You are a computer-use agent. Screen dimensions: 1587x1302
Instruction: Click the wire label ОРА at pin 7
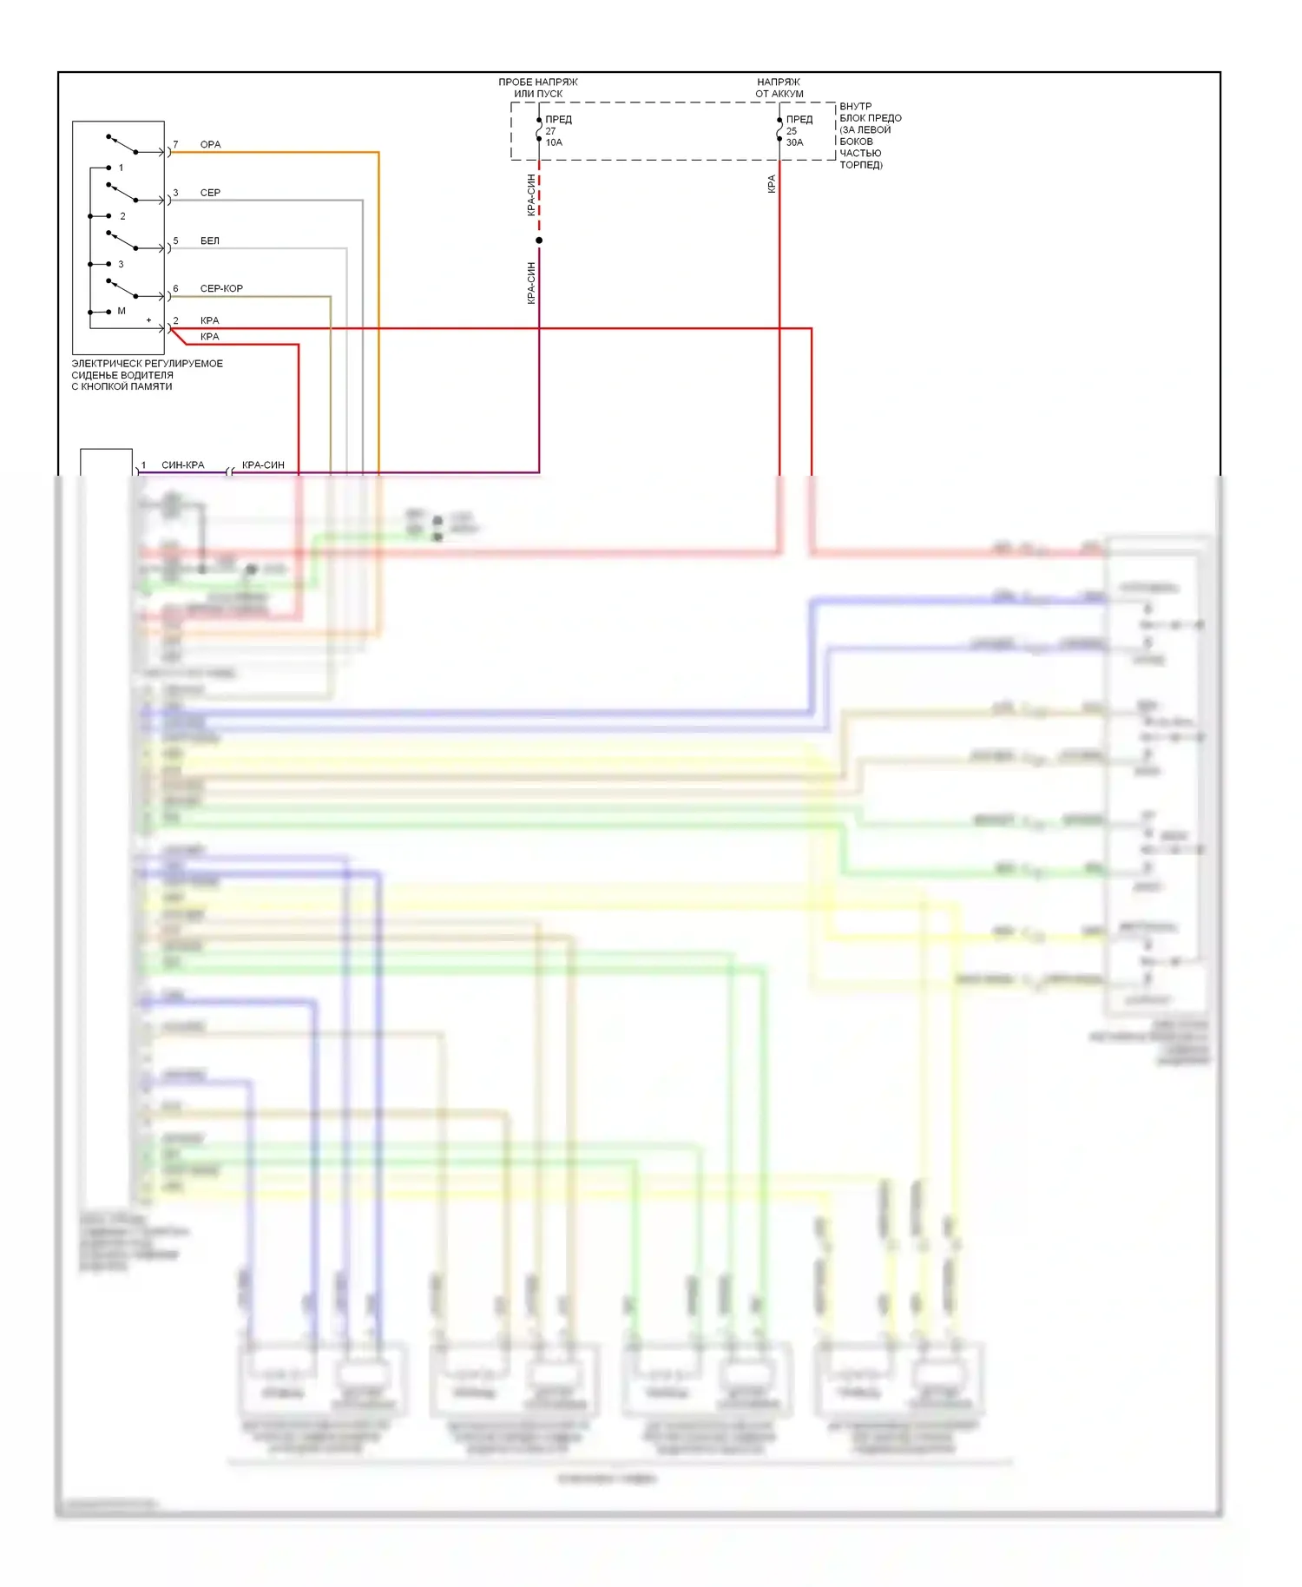(x=210, y=144)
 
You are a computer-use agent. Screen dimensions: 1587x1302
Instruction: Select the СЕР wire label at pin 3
(x=210, y=193)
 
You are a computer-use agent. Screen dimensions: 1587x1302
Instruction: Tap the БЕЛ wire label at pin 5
(x=210, y=240)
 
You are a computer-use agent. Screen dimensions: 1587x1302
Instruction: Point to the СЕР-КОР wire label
(x=221, y=288)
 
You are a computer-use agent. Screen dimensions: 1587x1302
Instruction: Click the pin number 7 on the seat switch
(x=175, y=144)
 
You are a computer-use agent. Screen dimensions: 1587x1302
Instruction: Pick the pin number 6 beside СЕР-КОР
(x=175, y=288)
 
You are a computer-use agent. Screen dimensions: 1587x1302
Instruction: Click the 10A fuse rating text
(x=554, y=142)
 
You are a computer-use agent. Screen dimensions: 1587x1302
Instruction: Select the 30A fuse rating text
(x=794, y=142)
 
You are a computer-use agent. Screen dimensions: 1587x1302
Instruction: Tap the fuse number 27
(x=550, y=131)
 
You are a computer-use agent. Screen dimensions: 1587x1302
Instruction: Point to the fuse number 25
(x=791, y=131)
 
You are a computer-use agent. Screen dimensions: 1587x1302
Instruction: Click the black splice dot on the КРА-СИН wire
(x=539, y=240)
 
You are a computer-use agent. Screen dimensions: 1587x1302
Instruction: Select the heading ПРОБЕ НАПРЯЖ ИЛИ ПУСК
(x=538, y=88)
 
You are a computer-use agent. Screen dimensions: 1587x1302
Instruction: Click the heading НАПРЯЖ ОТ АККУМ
(x=779, y=88)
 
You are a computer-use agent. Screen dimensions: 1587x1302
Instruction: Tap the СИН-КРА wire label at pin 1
(x=183, y=465)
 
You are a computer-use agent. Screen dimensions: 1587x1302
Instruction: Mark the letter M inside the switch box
(x=122, y=311)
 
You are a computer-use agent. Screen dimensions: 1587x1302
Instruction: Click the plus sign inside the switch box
(x=148, y=320)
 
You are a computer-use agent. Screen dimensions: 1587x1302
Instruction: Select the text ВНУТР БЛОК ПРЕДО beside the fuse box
(x=870, y=112)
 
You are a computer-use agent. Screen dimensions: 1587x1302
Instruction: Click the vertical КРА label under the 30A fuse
(x=772, y=184)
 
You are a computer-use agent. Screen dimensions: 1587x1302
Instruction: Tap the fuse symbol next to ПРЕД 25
(x=779, y=130)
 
